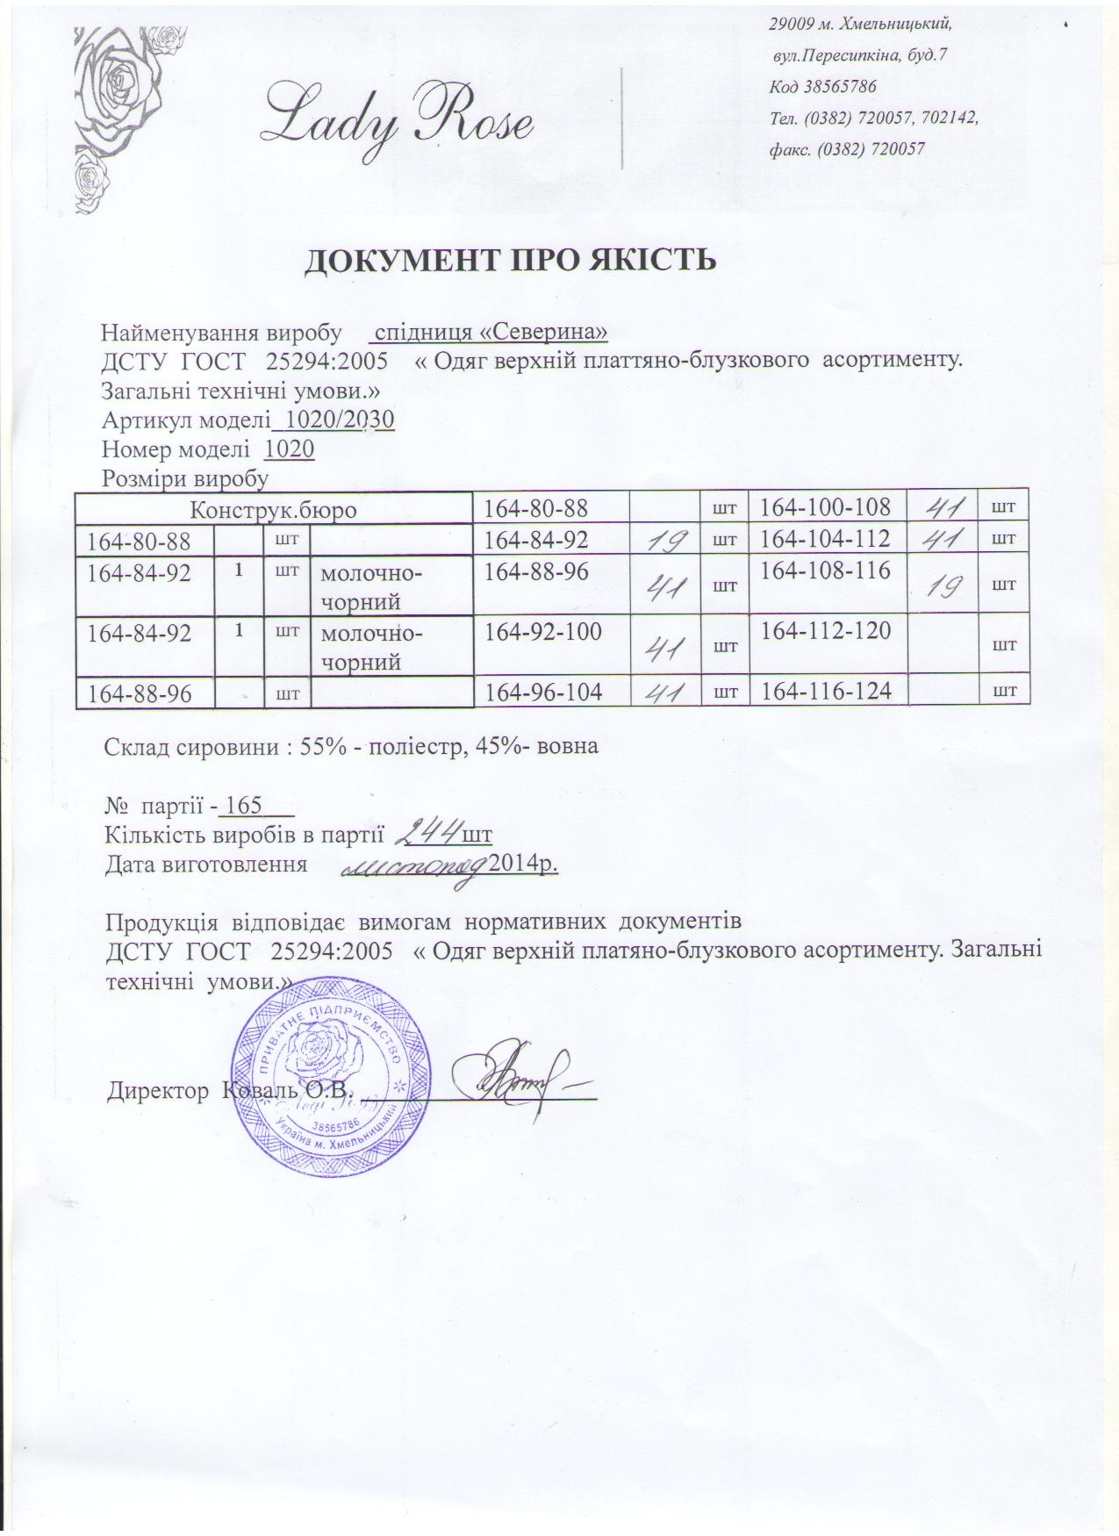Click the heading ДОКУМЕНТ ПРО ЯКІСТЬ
tap(510, 260)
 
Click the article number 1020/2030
tap(334, 420)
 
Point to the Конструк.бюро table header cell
tap(274, 508)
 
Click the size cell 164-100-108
tap(825, 506)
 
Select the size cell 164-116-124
tap(825, 692)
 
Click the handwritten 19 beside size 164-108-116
tap(946, 583)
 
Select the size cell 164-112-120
tap(825, 630)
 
